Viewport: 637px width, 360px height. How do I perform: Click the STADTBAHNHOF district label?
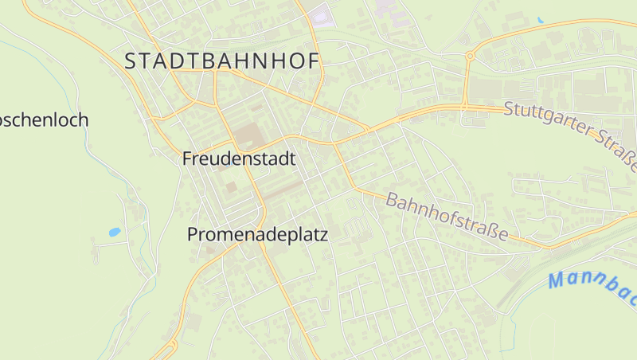click(221, 61)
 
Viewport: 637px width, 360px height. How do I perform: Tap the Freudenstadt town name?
click(239, 158)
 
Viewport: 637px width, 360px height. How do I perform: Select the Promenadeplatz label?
click(257, 234)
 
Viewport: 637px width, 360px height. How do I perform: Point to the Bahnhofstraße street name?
click(447, 217)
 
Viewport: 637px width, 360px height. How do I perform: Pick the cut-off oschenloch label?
click(44, 120)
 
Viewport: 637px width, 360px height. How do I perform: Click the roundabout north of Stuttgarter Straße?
click(470, 56)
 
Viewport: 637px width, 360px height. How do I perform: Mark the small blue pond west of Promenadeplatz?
click(115, 233)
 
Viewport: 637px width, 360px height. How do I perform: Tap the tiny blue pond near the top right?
click(541, 20)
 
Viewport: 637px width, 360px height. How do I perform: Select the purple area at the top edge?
click(321, 14)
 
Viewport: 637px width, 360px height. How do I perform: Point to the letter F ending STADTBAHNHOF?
click(312, 61)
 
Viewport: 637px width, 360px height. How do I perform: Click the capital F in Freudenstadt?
click(188, 158)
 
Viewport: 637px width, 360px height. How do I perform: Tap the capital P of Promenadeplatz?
click(193, 234)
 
